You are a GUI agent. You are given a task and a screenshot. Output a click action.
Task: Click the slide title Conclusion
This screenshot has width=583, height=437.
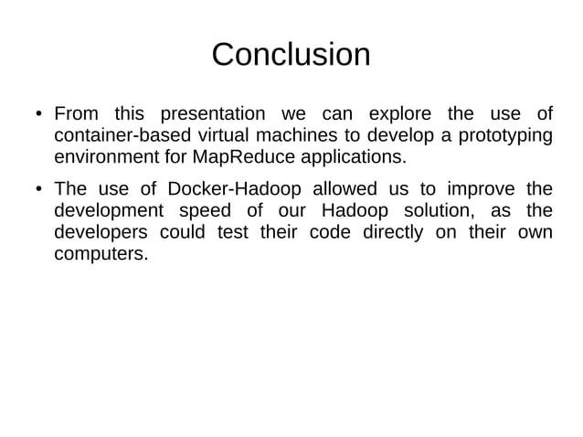pos(291,54)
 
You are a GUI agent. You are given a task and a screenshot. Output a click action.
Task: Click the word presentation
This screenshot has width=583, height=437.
pos(212,114)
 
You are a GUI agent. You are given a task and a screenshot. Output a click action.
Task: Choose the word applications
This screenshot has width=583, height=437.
pos(353,156)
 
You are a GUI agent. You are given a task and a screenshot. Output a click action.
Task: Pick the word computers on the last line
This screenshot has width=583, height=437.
pos(101,252)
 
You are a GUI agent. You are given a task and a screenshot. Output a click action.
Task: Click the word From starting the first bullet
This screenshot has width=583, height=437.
pos(77,114)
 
